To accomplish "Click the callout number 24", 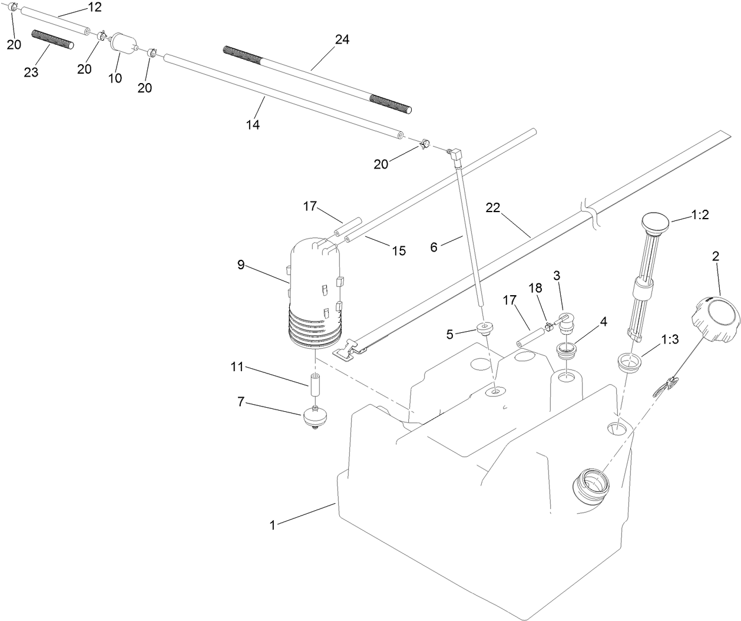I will point(342,40).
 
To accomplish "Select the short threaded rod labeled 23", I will point(52,39).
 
